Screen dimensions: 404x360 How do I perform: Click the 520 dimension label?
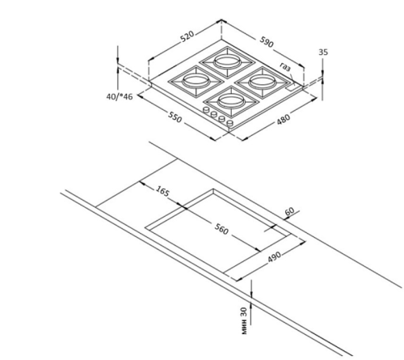(x=187, y=37)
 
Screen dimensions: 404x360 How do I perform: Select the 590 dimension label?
(x=267, y=41)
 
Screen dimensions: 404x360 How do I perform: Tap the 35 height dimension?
(x=323, y=52)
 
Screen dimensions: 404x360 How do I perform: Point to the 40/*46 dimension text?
(x=120, y=96)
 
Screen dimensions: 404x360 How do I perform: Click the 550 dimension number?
(x=175, y=116)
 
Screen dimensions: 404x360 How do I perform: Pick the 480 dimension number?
(x=284, y=119)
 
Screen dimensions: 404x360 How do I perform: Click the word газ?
(x=286, y=66)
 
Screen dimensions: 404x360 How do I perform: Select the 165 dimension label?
(x=162, y=191)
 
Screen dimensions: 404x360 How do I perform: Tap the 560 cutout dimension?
(x=221, y=229)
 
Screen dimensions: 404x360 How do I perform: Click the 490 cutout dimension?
(x=275, y=257)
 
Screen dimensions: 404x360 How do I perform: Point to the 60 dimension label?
(x=289, y=211)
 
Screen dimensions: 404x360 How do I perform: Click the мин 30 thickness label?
(x=244, y=321)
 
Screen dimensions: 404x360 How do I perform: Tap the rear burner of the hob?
(x=227, y=62)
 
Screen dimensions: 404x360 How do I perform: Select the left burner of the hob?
(x=196, y=81)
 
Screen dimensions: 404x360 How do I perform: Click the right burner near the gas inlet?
(x=263, y=83)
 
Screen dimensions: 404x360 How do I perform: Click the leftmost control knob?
(x=206, y=110)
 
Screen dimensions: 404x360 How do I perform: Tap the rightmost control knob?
(x=229, y=123)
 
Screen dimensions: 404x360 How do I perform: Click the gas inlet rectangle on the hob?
(x=291, y=87)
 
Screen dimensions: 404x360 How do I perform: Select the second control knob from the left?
(x=214, y=114)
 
